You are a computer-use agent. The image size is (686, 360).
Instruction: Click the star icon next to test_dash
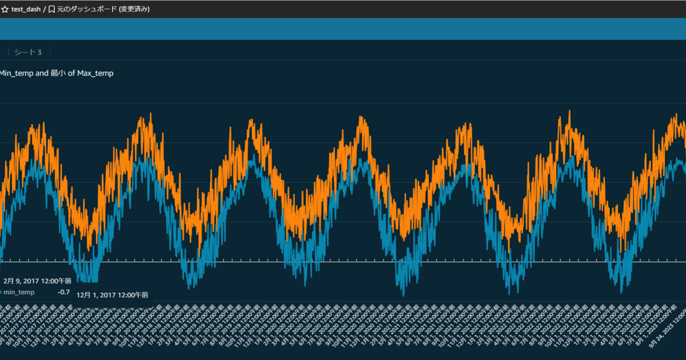(5, 9)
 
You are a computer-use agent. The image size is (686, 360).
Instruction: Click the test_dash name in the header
(26, 9)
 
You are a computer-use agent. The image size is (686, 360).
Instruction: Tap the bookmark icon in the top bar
(51, 9)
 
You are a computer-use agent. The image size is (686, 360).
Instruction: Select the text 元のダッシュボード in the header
(86, 9)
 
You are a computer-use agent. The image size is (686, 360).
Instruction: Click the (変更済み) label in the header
(134, 9)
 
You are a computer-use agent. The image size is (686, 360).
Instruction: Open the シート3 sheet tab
(28, 53)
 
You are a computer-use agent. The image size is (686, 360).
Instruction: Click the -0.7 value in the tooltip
(63, 292)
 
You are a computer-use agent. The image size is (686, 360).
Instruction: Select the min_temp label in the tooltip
(19, 292)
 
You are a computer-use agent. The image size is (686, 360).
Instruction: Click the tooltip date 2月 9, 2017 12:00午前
(37, 281)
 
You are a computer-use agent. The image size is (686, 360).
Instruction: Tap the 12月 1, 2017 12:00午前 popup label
(112, 295)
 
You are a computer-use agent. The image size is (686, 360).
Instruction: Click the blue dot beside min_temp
(1, 292)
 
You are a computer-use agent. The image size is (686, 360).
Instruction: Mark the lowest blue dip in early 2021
(403, 295)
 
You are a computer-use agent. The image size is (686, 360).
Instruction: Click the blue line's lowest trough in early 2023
(621, 291)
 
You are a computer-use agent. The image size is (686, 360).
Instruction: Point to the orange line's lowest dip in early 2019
(199, 255)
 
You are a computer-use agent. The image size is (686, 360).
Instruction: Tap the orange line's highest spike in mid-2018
(150, 114)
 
